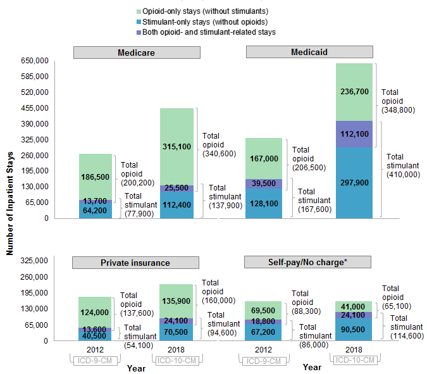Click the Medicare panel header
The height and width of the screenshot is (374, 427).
point(136,53)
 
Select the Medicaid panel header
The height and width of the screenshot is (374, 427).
point(309,52)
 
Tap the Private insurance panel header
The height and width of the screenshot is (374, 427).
point(136,263)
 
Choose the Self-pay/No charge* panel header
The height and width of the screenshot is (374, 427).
point(309,263)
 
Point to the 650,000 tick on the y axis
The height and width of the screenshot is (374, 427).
point(35,61)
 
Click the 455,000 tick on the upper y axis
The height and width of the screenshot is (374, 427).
point(35,108)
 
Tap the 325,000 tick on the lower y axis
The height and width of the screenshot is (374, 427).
point(35,261)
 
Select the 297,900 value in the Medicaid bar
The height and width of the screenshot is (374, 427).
point(354,183)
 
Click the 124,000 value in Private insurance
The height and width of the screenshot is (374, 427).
point(96,312)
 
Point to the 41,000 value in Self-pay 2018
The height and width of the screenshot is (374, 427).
point(354,306)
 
